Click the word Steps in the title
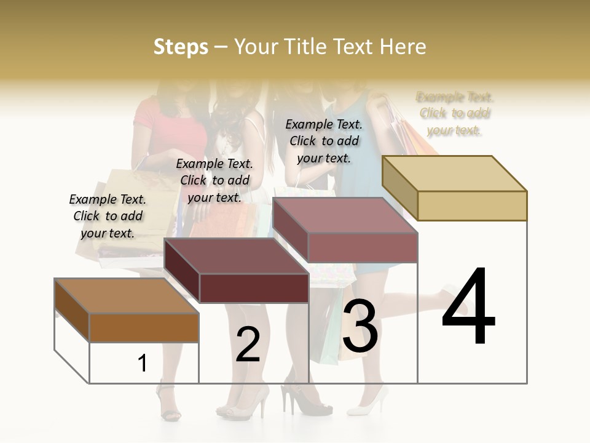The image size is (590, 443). (x=181, y=47)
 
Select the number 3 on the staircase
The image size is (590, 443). (x=360, y=326)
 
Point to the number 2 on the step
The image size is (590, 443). (x=248, y=345)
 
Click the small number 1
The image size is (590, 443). (x=143, y=363)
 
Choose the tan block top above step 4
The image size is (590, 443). (x=455, y=173)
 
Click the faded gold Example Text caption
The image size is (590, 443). (x=455, y=113)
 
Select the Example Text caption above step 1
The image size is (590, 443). (x=108, y=216)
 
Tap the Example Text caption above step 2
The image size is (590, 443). (x=214, y=180)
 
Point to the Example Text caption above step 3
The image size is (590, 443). (x=324, y=141)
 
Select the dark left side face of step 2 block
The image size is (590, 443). (x=182, y=271)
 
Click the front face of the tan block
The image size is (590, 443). (x=472, y=206)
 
